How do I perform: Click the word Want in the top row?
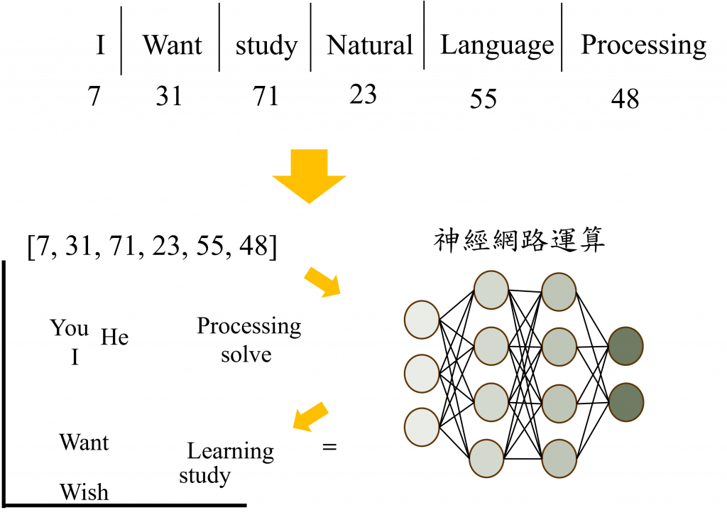[x=172, y=45]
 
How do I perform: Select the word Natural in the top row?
[x=368, y=45]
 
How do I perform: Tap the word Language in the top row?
[x=496, y=45]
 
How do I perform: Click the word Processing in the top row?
[x=643, y=45]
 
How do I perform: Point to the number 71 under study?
[x=266, y=94]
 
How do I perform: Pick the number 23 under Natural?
[x=363, y=93]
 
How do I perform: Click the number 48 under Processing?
[x=625, y=97]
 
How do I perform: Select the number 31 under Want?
[x=169, y=94]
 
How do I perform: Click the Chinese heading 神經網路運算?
[x=519, y=240]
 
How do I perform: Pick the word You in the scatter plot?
[x=70, y=328]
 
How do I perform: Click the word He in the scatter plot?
[x=114, y=336]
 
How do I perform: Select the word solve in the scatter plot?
[x=246, y=353]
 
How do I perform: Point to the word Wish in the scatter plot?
[x=84, y=492]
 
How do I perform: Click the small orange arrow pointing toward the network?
[x=322, y=283]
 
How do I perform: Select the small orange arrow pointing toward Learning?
[x=312, y=416]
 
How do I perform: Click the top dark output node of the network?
[x=625, y=346]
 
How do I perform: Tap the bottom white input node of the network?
[x=422, y=427]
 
